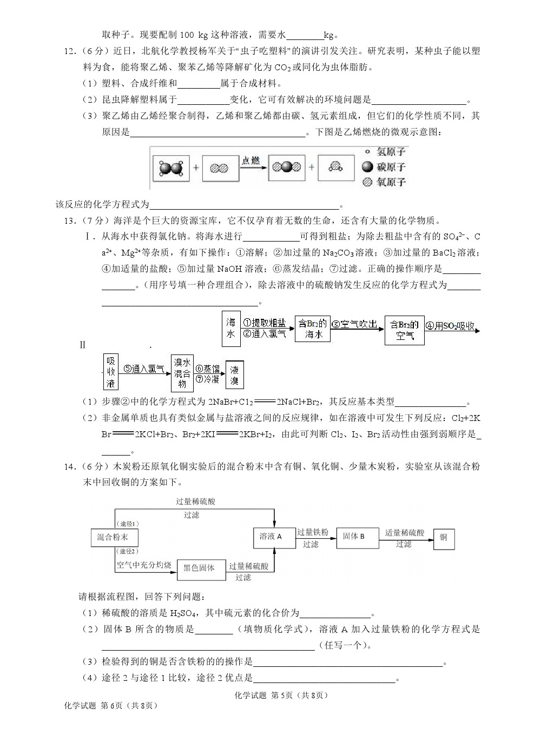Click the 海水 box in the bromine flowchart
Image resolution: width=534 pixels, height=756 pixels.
(230, 329)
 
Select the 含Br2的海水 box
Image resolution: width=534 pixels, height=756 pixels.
(313, 329)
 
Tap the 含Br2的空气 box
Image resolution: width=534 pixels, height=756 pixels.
(404, 330)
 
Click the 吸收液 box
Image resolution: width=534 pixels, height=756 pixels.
(110, 372)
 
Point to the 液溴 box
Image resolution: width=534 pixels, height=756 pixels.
(234, 374)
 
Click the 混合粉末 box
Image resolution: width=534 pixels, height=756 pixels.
(113, 537)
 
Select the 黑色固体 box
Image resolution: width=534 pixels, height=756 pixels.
(199, 568)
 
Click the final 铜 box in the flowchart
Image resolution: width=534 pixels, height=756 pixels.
(444, 538)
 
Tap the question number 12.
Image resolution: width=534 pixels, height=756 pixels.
(70, 51)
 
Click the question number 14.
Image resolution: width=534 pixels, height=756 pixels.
(70, 466)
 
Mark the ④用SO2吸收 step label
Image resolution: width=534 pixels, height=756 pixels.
(450, 325)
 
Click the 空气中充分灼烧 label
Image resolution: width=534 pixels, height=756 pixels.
(143, 565)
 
